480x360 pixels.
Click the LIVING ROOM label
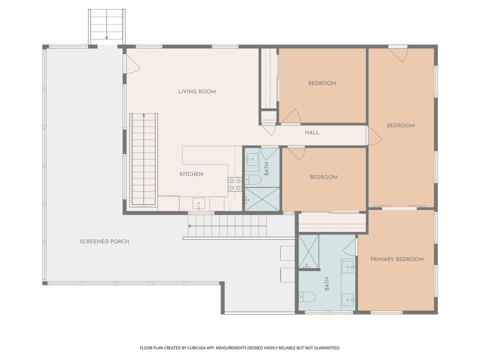[x=197, y=91]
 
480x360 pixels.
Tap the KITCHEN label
[x=191, y=174]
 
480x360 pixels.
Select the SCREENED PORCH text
[x=104, y=241]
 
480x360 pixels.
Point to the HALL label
[x=312, y=133]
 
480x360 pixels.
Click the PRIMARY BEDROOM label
[x=397, y=259]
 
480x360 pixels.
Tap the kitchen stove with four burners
[x=235, y=184]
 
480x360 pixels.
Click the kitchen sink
[x=199, y=204]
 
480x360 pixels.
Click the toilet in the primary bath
[x=307, y=297]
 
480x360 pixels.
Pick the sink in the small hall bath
[x=252, y=160]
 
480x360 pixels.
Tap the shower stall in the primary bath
[x=309, y=252]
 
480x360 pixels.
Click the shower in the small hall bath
[x=262, y=199]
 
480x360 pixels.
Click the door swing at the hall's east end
[x=375, y=136]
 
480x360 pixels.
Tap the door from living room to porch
[x=133, y=64]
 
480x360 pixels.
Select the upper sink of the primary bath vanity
[x=348, y=267]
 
